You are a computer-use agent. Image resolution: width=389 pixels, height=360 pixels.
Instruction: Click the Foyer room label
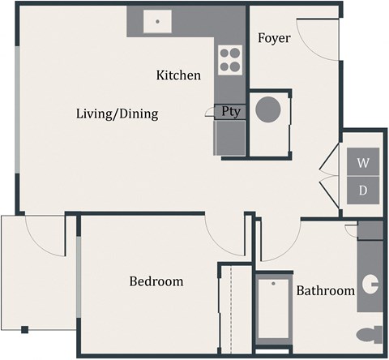tap(274, 38)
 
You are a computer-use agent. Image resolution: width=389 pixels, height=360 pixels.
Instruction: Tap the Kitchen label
tap(178, 75)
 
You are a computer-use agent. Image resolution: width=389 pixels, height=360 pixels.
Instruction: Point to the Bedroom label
tap(156, 281)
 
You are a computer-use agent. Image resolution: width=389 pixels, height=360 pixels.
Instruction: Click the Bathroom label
tap(325, 290)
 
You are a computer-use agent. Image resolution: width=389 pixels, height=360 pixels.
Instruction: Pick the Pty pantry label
tap(231, 112)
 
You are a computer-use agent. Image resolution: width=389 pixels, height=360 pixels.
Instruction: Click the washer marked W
tap(364, 163)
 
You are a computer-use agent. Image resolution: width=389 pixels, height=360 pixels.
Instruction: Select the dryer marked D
tap(364, 191)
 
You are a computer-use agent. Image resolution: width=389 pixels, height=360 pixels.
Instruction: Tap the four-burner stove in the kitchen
tap(230, 58)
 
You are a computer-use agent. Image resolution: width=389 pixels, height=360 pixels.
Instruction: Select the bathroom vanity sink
tap(371, 284)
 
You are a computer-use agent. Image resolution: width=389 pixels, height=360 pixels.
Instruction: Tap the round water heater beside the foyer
tap(268, 109)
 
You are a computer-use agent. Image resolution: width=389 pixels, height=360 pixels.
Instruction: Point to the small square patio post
tap(25, 329)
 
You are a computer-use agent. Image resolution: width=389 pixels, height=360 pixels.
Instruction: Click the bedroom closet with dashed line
tap(232, 308)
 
